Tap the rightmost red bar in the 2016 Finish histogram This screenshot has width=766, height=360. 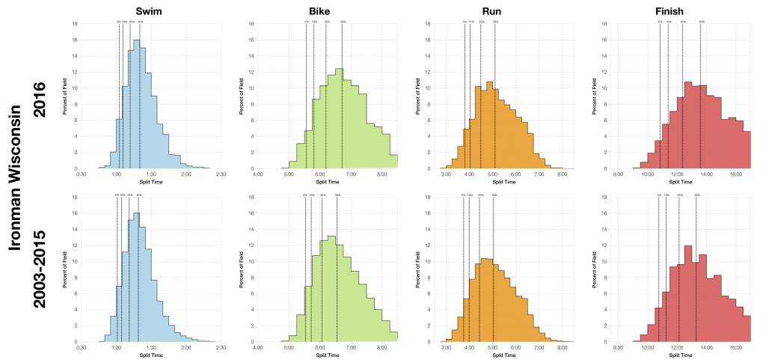pos(747,150)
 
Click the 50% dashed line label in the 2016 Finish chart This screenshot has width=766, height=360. pos(701,22)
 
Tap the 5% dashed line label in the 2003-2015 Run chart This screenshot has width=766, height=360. pos(464,195)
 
